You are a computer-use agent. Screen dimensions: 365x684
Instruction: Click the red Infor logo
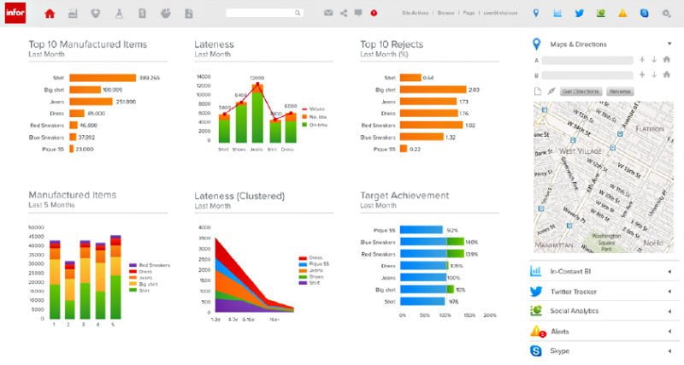15,13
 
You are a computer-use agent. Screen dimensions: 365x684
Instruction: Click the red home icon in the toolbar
50,14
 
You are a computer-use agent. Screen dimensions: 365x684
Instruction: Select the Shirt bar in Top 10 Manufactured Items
102,77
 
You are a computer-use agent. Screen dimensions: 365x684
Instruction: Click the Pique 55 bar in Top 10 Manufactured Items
72,149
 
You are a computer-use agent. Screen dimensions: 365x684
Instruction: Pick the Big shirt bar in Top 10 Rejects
432,89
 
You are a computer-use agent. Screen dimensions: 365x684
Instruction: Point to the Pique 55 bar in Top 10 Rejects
403,149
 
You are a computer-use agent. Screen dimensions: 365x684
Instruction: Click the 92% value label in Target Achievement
452,229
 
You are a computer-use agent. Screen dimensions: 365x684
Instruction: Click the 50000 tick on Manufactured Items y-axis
36,227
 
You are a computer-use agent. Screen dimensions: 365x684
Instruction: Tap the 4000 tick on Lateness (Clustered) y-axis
204,227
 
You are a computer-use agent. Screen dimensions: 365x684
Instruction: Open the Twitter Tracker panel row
598,291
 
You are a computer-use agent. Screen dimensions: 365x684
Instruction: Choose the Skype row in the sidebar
598,350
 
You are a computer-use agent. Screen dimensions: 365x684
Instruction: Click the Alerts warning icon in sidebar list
537,331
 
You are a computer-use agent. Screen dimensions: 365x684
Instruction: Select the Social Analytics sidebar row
598,311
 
